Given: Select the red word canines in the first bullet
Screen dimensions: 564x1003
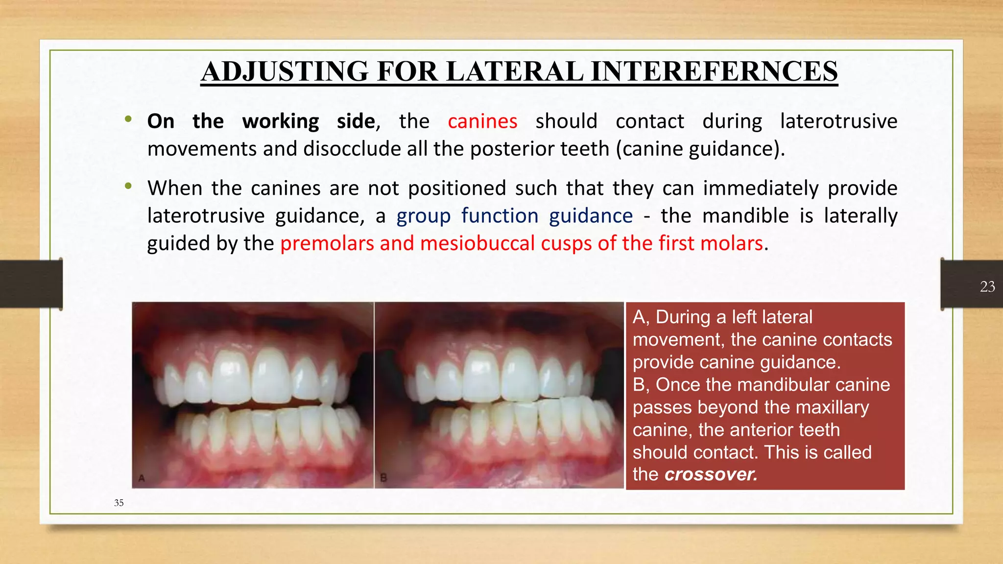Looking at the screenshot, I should (482, 121).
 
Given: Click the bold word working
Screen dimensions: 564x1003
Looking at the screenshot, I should (280, 121).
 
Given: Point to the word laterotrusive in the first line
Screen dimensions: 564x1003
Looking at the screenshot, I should (838, 121).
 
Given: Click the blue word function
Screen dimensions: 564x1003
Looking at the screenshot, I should (500, 216).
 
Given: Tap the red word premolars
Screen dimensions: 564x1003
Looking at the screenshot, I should (327, 243).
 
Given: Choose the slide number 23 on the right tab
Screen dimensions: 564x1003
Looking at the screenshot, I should (987, 286).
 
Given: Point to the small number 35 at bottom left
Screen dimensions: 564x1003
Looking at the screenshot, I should (119, 503).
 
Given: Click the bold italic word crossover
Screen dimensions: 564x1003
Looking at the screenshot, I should (711, 474).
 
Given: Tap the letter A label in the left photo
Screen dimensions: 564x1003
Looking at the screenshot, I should (142, 478).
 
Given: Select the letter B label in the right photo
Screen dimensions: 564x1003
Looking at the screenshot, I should (383, 478).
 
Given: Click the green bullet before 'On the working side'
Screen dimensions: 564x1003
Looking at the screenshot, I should (128, 119).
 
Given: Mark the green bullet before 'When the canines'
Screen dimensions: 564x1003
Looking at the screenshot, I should (128, 186).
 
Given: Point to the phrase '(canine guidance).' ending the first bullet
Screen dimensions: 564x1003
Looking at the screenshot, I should (700, 149).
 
